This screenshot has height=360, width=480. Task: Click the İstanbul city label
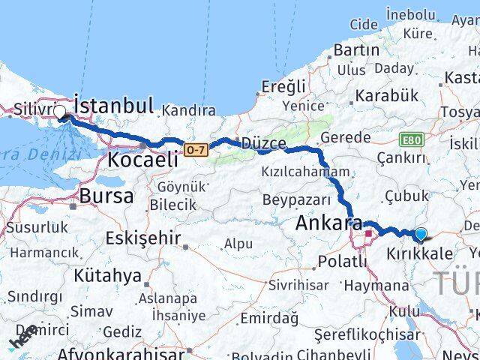click(x=115, y=104)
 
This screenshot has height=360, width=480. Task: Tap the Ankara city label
click(x=328, y=223)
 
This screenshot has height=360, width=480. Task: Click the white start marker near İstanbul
click(x=59, y=112)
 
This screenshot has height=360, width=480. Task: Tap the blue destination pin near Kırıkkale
click(x=421, y=235)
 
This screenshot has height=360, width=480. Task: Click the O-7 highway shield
click(x=195, y=151)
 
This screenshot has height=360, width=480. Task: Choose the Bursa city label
click(x=109, y=196)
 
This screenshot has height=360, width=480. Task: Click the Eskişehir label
click(x=143, y=238)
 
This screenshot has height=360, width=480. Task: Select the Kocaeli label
click(x=143, y=159)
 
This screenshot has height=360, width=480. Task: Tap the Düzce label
click(x=263, y=142)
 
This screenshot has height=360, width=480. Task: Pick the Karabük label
click(x=387, y=95)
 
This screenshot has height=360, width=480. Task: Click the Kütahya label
click(x=108, y=275)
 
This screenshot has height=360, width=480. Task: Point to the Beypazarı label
click(x=296, y=199)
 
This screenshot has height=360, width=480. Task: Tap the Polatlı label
click(x=343, y=261)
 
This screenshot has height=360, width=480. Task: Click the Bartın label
click(x=356, y=49)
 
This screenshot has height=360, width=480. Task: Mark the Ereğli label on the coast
click(x=283, y=86)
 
